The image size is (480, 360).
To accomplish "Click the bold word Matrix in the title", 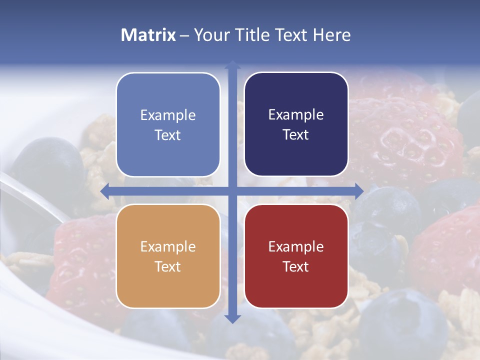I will [148, 35].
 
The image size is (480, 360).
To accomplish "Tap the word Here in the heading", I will [331, 35].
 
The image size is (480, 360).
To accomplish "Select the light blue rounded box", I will [168, 124].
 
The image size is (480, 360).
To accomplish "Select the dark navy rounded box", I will [296, 124].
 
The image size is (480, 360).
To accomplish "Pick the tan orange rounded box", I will [168, 256].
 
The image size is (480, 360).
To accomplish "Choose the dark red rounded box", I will [296, 256].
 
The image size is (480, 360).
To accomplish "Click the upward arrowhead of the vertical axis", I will [232, 65].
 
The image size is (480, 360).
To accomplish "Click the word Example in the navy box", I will [296, 115].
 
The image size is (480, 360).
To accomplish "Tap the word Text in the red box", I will [296, 266].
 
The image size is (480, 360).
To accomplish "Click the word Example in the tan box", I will [168, 246].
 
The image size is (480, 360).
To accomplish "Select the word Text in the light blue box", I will [168, 135].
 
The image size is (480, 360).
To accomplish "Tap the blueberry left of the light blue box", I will [47, 165].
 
